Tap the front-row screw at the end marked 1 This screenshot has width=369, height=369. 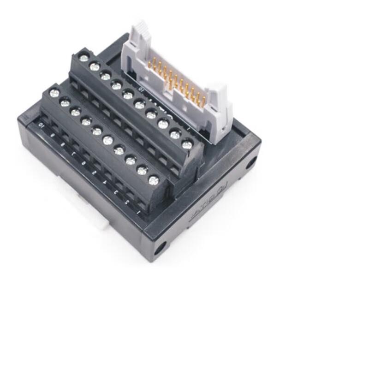pos(153,179)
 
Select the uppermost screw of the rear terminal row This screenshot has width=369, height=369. pos(83,57)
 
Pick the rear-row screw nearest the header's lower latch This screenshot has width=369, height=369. pos(187,145)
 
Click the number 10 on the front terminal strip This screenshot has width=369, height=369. pos(42,125)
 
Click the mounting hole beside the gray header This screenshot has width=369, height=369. pos(250,162)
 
